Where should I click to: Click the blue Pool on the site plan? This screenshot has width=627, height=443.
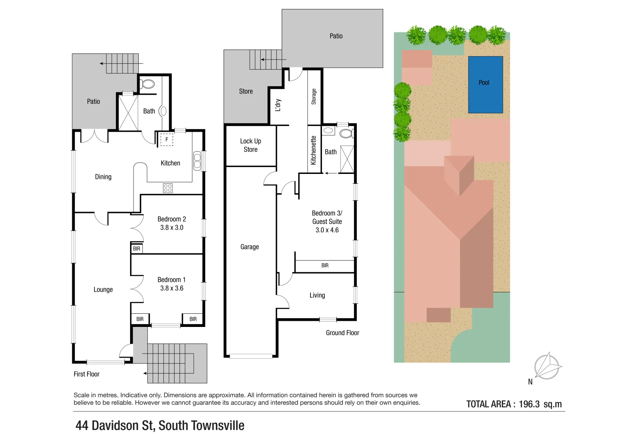click(x=485, y=85)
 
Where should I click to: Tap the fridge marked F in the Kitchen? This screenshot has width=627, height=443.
click(x=167, y=139)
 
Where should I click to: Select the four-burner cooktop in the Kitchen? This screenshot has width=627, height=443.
click(x=168, y=188)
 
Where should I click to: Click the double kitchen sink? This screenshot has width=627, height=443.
click(x=198, y=161)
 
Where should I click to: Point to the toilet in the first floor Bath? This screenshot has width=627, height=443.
click(x=148, y=84)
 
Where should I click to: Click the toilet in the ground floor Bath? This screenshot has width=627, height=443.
click(x=346, y=133)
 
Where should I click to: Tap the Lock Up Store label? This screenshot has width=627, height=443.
click(x=250, y=145)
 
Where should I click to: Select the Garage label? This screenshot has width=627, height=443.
click(x=250, y=247)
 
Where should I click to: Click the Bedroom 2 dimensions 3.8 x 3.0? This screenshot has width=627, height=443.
click(x=172, y=227)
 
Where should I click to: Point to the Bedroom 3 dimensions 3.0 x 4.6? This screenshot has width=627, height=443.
click(x=327, y=230)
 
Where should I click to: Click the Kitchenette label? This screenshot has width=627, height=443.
click(x=314, y=150)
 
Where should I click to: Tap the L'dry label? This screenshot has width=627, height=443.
click(x=278, y=105)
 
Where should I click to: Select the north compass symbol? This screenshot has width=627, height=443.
click(x=547, y=366)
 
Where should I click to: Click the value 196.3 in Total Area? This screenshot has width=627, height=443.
click(x=529, y=404)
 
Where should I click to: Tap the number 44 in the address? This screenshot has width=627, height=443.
click(x=82, y=425)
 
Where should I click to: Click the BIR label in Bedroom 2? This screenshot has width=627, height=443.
click(x=137, y=249)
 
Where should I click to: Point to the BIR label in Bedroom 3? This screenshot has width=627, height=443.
click(x=325, y=265)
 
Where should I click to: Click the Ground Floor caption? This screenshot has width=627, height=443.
click(x=342, y=333)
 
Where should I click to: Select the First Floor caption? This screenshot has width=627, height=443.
click(x=87, y=374)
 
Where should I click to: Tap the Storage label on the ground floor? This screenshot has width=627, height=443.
click(x=314, y=96)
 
